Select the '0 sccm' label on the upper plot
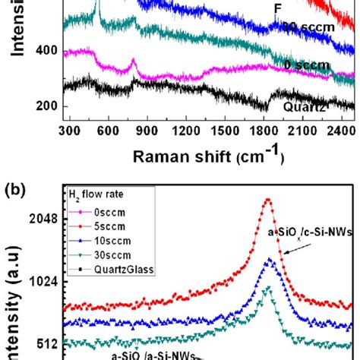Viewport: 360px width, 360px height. click(x=307, y=65)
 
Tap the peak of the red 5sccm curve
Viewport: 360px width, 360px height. click(x=267, y=201)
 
